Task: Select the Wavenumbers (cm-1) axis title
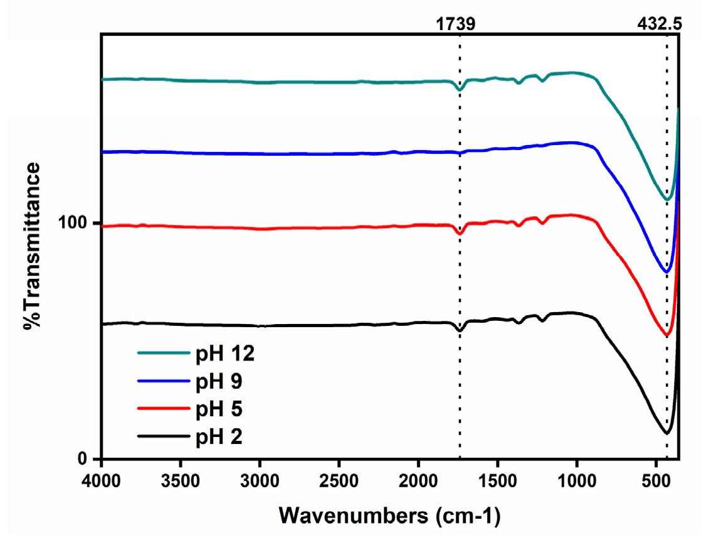(x=389, y=516)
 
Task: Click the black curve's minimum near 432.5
(x=667, y=433)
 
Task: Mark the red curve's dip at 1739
(x=460, y=234)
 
